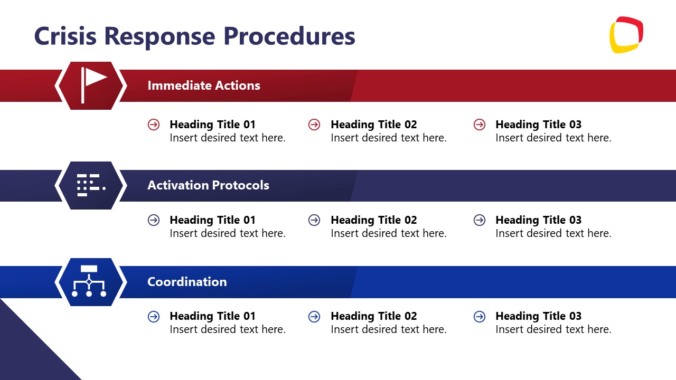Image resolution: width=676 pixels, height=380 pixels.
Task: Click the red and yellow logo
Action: (626, 35)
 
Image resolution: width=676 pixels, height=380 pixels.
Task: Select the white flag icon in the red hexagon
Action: (92, 85)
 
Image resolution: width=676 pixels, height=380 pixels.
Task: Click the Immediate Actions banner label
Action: (203, 85)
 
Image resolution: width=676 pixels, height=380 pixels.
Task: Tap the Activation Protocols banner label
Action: (208, 185)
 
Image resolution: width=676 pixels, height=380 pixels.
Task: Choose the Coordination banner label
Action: (187, 282)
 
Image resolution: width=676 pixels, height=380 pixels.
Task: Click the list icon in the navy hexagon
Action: (91, 185)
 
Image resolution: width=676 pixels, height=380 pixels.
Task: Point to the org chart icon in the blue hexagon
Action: (89, 281)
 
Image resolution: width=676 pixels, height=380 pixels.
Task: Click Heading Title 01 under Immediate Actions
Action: (212, 125)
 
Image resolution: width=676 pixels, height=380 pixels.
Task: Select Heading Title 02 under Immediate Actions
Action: (373, 125)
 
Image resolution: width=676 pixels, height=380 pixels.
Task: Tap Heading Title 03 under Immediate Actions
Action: (538, 125)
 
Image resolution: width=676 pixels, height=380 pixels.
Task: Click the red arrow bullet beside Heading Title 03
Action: (480, 125)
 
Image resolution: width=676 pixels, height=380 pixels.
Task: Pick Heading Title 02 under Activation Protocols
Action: (373, 220)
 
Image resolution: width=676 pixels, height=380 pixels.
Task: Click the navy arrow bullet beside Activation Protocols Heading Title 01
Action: (154, 220)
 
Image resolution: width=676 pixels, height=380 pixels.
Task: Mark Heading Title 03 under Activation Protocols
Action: (538, 220)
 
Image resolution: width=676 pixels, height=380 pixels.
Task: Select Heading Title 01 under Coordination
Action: (212, 316)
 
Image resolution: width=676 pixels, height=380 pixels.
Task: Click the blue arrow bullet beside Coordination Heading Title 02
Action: (314, 316)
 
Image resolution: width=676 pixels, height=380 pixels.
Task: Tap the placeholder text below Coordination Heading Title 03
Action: (553, 329)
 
